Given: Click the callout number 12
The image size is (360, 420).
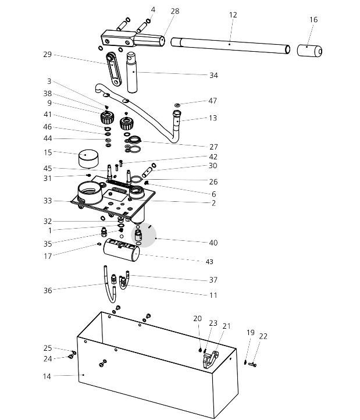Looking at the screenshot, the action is coord(233,15).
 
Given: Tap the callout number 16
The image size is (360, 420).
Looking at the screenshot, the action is coord(313,20).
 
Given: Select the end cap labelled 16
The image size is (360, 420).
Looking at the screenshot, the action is coord(309,51).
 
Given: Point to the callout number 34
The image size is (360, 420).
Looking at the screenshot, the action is coord(213,76).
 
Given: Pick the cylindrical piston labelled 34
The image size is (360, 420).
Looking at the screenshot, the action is coord(131,72).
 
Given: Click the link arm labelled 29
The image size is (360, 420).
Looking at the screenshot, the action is coord(113,69).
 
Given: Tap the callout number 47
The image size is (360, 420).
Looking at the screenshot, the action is coord(212,101).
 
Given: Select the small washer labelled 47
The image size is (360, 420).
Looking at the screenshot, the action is coord(177,105).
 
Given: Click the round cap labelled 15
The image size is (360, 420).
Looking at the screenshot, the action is coord(88,159).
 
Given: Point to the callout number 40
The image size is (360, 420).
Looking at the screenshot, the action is coord(213,243).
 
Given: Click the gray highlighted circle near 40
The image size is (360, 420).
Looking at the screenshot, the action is coord(144,235).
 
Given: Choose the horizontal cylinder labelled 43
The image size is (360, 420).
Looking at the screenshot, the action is coord(122,250).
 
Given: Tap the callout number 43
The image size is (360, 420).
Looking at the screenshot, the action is coord(209,262).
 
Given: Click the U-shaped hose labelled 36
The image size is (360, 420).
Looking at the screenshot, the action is coord(110,284).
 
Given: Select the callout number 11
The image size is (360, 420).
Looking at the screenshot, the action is coord(213,295).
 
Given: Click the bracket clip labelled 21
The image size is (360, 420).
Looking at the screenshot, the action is coord(211,359).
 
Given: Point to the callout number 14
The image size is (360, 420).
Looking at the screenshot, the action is coord(47,376).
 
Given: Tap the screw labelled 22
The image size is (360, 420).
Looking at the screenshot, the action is coord(252,365).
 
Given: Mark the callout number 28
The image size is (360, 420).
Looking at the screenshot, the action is coord(175,11).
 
